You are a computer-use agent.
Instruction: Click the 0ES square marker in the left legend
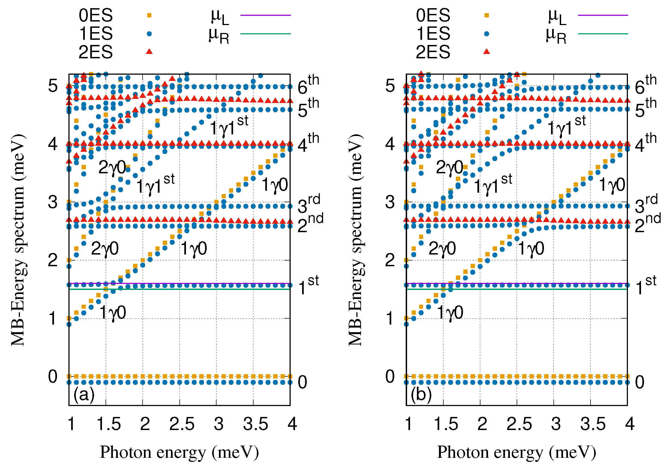(149, 15)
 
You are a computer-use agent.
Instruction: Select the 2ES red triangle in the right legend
(486, 52)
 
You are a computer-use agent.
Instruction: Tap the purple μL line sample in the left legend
(265, 15)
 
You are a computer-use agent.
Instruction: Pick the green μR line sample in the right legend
(603, 34)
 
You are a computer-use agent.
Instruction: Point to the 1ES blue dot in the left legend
(149, 34)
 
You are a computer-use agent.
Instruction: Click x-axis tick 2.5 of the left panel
(182, 424)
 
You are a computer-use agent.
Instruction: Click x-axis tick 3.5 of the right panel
(593, 424)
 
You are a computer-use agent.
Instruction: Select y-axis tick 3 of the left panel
(53, 202)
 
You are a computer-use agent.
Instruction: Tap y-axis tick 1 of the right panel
(390, 318)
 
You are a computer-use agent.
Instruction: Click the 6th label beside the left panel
(308, 85)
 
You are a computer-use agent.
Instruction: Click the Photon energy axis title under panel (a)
(179, 453)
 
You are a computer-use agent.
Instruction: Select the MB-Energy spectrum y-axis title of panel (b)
(356, 240)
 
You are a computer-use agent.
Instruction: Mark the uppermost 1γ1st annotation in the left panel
(229, 126)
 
